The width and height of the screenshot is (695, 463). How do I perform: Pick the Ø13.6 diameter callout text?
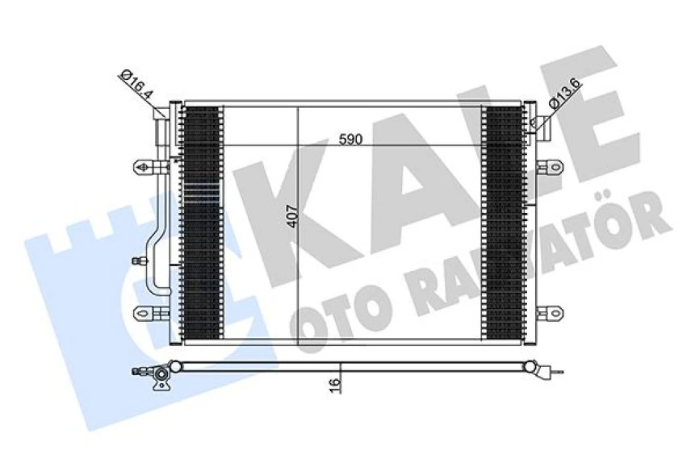[x=563, y=94]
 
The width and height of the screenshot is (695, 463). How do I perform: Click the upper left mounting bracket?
[x=146, y=167]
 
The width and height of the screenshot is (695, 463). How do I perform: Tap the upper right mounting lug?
[x=551, y=167]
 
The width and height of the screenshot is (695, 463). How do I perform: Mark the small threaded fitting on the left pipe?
[x=140, y=261]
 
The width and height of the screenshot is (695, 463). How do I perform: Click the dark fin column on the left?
[x=201, y=222]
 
